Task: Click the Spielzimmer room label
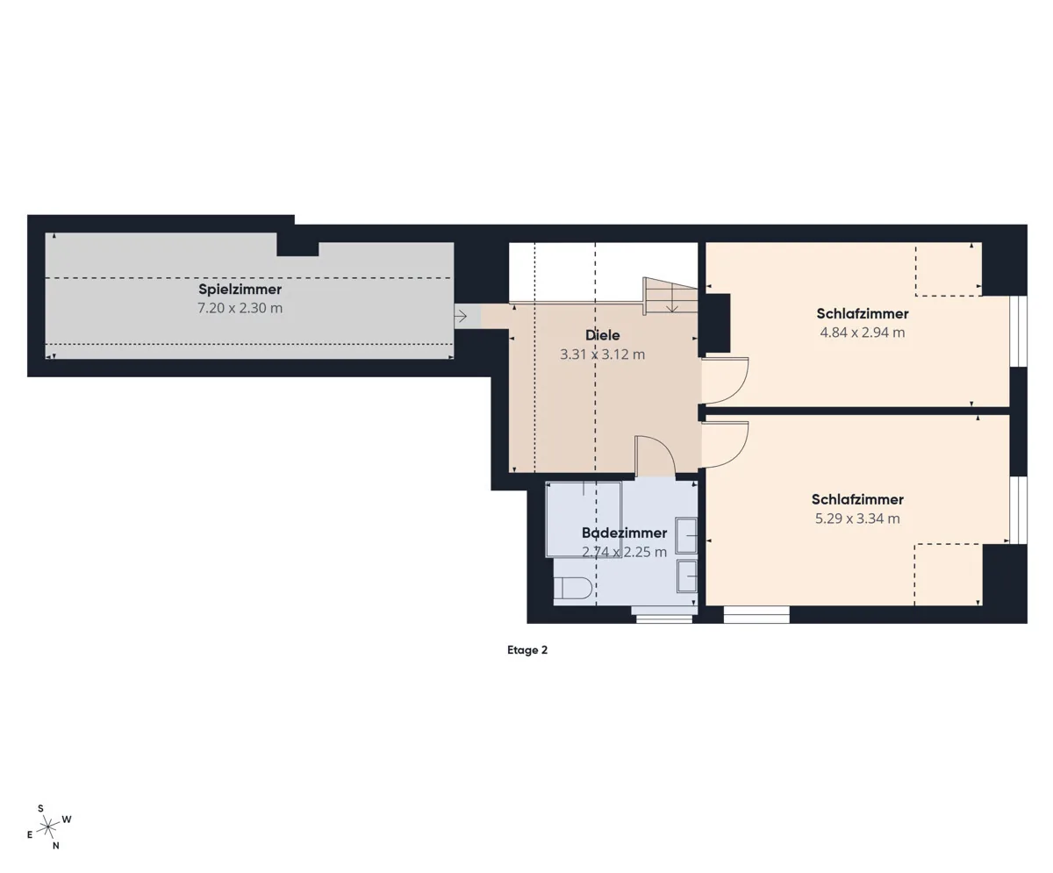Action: pyautogui.click(x=240, y=290)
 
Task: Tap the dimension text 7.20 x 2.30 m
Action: pyautogui.click(x=240, y=308)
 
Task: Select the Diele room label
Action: pyautogui.click(x=602, y=335)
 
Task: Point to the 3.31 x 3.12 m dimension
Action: pyautogui.click(x=602, y=354)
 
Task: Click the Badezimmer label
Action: pyautogui.click(x=624, y=533)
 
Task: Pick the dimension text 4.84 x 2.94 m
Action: pyautogui.click(x=862, y=333)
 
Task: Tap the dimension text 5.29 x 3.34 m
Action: pyautogui.click(x=857, y=519)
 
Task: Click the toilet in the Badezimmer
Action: pyautogui.click(x=572, y=588)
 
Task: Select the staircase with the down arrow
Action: pyautogui.click(x=670, y=296)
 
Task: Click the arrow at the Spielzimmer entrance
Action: pyautogui.click(x=461, y=316)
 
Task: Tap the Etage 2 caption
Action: pyautogui.click(x=527, y=650)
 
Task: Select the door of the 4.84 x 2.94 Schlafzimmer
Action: pyautogui.click(x=725, y=381)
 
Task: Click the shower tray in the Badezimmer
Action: pyautogui.click(x=584, y=519)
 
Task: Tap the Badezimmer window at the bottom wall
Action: pyautogui.click(x=663, y=619)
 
